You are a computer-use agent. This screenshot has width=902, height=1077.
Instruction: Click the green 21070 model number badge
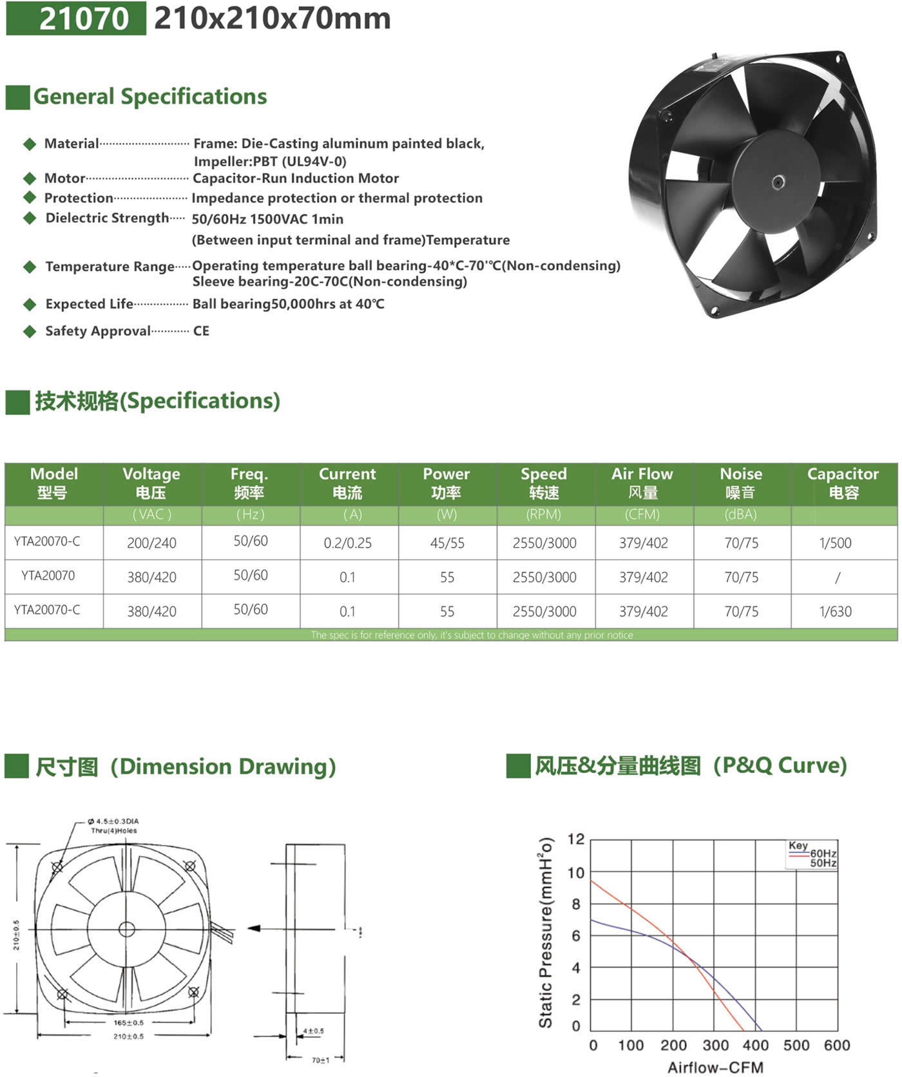76,18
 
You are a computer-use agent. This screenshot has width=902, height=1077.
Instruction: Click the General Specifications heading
149,97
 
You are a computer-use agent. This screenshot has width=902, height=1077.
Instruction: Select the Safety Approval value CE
201,331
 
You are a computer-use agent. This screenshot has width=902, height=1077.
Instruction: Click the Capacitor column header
843,482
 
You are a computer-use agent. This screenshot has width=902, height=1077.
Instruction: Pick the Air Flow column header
642,482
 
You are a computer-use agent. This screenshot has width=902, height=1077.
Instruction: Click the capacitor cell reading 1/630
836,611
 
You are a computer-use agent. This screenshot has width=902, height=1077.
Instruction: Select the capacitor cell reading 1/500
836,543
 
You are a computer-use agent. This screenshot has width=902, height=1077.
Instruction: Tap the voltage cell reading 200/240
151,543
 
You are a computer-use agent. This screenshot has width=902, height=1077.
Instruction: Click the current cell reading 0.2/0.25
348,543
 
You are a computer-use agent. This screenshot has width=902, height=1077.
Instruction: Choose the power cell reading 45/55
447,543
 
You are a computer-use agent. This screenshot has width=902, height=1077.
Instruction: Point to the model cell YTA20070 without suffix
48,576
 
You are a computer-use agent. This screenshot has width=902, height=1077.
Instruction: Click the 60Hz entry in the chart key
823,853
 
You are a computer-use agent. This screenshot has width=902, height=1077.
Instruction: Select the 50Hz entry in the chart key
823,863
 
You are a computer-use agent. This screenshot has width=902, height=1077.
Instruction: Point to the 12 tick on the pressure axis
576,839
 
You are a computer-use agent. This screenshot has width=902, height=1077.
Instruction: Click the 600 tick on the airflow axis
837,1045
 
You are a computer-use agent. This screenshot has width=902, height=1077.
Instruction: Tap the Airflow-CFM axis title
715,1067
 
